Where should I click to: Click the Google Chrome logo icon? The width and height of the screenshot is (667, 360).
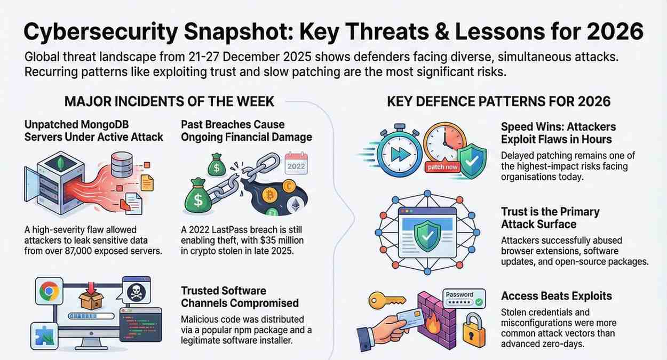[49, 291]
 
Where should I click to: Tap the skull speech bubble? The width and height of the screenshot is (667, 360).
[136, 291]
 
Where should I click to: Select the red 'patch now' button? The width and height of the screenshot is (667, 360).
[443, 167]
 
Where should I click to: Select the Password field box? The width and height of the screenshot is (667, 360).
[464, 299]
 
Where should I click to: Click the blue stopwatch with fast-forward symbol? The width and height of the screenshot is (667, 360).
[398, 150]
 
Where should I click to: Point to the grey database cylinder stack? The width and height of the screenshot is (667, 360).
[122, 163]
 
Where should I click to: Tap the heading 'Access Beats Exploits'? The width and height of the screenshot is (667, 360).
[556, 296]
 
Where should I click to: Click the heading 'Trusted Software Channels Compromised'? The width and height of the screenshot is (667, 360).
[240, 297]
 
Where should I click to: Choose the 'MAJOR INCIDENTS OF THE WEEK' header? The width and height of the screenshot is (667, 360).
[170, 101]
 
